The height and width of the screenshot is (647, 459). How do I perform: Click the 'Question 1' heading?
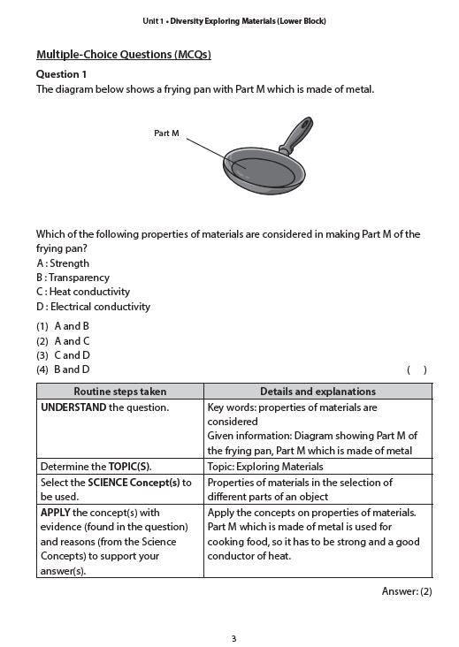tap(61, 74)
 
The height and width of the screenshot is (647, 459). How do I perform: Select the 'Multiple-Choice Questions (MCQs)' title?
tap(123, 55)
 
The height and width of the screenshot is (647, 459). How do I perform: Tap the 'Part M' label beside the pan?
tap(166, 133)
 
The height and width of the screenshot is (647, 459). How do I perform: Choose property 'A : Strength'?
tap(63, 263)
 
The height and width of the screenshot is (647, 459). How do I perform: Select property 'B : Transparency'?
tap(73, 278)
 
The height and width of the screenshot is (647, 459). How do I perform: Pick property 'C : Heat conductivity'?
tap(83, 292)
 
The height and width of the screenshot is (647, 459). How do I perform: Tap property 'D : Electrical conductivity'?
tap(93, 307)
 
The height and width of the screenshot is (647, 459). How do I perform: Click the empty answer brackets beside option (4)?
tap(417, 370)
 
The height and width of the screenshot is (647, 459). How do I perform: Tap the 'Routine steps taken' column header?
tap(119, 392)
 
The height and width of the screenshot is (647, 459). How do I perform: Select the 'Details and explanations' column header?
tap(317, 392)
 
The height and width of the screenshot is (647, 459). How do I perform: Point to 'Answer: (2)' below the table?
tap(406, 591)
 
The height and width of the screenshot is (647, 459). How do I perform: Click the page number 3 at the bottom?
tap(233, 638)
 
